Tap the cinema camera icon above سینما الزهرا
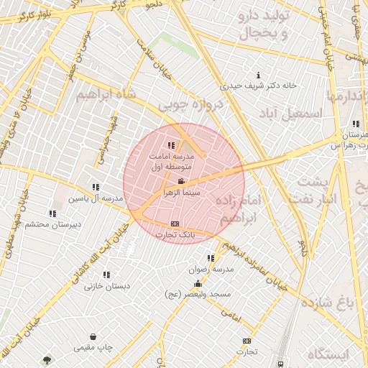click(x=183, y=181)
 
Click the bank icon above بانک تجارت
click(x=174, y=224)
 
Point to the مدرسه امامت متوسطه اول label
click(x=170, y=161)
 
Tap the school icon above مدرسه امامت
click(x=171, y=145)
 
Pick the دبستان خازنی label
click(x=107, y=286)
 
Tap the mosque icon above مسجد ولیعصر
click(x=198, y=284)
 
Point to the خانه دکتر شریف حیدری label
click(x=258, y=86)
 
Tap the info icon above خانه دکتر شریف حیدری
click(x=259, y=75)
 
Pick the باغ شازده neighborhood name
click(x=328, y=303)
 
